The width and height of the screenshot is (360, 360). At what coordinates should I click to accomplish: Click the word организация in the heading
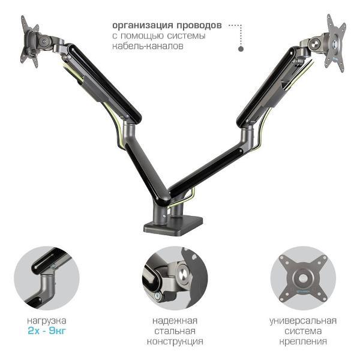click(142, 26)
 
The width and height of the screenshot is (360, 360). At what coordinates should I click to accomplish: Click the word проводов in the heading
click(199, 26)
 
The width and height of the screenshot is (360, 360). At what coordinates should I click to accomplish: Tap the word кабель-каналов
click(148, 46)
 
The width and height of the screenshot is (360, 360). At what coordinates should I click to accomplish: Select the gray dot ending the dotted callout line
click(241, 49)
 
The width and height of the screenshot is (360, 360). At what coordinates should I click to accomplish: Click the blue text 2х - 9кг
click(47, 331)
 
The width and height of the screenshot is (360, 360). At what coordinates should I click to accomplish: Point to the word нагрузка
click(47, 320)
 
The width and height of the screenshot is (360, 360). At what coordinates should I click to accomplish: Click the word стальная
click(175, 331)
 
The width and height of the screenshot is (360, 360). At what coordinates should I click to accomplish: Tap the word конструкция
click(175, 341)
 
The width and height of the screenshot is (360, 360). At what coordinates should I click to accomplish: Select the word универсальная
click(303, 321)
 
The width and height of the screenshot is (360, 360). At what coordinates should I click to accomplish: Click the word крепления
click(303, 341)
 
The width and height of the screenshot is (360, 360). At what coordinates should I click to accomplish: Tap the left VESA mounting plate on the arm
click(29, 42)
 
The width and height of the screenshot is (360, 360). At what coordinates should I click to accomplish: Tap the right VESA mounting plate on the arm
click(336, 43)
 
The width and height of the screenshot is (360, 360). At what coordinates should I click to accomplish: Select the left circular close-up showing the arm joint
click(47, 278)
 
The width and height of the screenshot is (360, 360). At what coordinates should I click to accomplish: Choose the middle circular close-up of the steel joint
click(175, 278)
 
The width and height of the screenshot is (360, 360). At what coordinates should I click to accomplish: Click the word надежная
click(175, 321)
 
